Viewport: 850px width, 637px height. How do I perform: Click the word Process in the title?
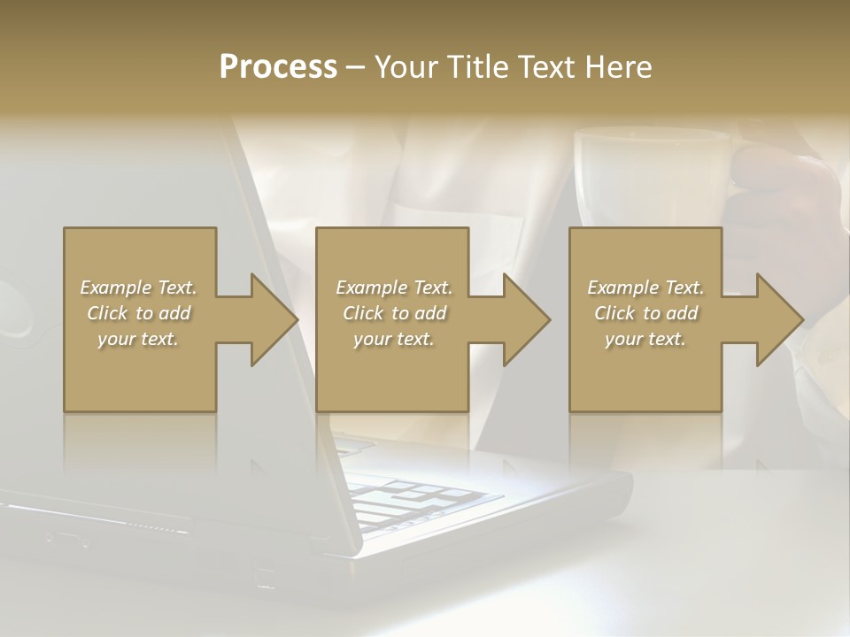278,66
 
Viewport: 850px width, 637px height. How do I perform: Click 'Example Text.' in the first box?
138,288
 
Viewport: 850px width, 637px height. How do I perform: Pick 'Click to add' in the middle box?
394,313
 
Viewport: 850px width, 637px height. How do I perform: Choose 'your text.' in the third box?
645,339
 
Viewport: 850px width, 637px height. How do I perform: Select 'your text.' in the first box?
138,339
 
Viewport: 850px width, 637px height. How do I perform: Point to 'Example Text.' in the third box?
645,288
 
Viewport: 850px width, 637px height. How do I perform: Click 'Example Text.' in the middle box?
394,288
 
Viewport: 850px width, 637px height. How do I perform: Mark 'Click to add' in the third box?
645,313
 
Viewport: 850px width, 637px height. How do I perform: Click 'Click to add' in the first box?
138,313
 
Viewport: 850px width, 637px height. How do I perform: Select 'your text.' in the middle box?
394,339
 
